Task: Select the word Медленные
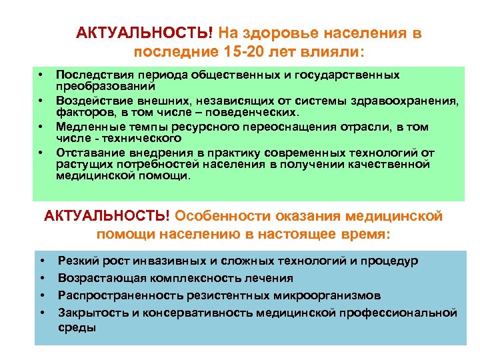(x=85, y=126)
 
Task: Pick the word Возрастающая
(x=99, y=278)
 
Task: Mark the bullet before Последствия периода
(x=41, y=75)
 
